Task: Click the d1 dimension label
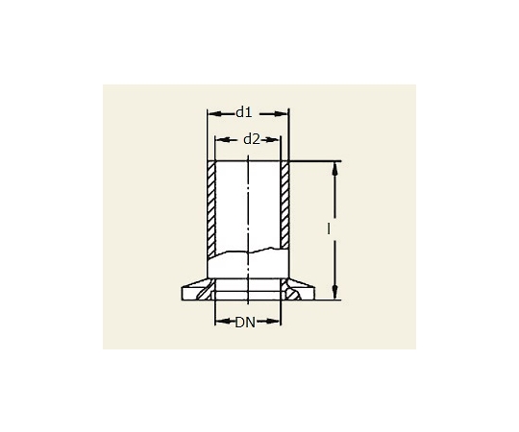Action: click(244, 112)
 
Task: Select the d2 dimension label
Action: click(252, 139)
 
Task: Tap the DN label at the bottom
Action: click(245, 323)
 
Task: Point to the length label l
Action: click(329, 228)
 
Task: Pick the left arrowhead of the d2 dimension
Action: click(221, 140)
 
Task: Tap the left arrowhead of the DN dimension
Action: click(221, 321)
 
